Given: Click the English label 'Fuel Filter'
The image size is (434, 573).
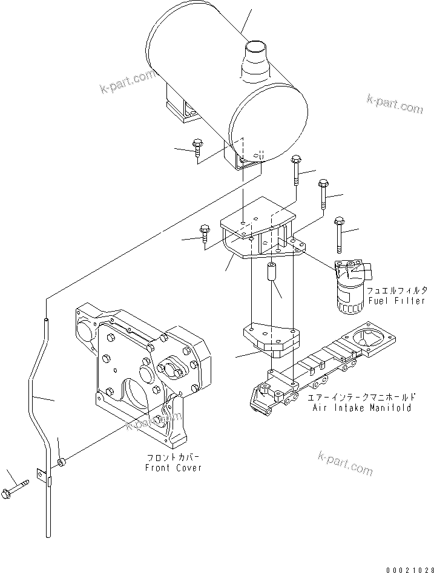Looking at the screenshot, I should pyautogui.click(x=396, y=301).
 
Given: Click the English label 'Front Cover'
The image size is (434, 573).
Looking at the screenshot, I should pyautogui.click(x=173, y=468).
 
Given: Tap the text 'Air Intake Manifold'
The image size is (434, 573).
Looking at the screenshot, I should pyautogui.click(x=362, y=408).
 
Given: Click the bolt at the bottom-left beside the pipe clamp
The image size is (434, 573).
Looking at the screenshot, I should pyautogui.click(x=17, y=486).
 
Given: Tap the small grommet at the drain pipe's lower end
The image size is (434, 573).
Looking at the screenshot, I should pyautogui.click(x=62, y=463).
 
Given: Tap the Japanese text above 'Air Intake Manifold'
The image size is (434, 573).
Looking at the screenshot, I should pyautogui.click(x=362, y=398).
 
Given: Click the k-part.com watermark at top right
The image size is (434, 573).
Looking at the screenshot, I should pyautogui.click(x=394, y=104).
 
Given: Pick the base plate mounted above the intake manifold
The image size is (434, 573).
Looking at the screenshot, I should pyautogui.click(x=269, y=338).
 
